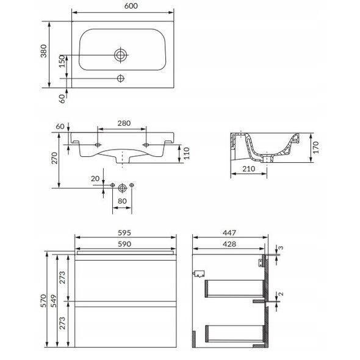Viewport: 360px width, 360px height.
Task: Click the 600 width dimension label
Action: [x=131, y=6]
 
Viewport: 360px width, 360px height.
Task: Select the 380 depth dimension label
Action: [x=43, y=51]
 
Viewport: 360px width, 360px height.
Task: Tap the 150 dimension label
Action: [x=62, y=61]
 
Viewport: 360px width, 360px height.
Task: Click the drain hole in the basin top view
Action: [x=121, y=55]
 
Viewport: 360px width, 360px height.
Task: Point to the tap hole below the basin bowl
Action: [x=121, y=78]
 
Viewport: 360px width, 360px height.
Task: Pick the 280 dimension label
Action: [x=124, y=123]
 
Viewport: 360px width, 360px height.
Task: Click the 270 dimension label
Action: [x=54, y=158]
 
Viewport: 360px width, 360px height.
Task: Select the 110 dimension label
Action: [x=186, y=153]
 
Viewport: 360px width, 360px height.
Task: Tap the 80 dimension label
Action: [x=122, y=201]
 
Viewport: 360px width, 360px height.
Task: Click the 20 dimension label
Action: [x=95, y=178]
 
